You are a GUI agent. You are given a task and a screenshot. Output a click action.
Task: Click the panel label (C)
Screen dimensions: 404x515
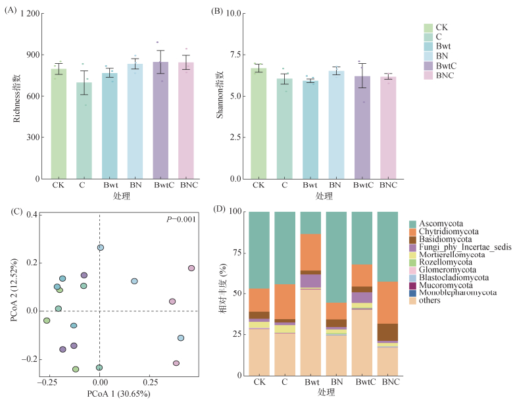click(10, 211)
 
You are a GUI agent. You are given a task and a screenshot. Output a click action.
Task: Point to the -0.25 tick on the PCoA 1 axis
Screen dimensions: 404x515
click(46, 381)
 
